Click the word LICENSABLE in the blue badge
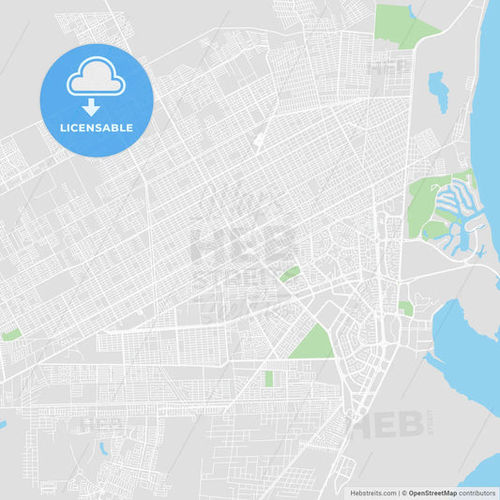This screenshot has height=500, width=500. click(x=96, y=128)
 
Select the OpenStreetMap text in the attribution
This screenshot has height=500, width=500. click(x=432, y=492)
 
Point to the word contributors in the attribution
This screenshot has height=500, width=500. click(x=477, y=492)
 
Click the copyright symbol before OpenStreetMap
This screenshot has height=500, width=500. click(x=402, y=492)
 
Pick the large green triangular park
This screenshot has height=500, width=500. click(x=311, y=343)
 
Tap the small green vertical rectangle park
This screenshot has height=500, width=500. click(x=269, y=378)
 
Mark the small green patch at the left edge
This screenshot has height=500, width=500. click(x=11, y=334)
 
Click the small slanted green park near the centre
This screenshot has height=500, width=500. click(x=290, y=274)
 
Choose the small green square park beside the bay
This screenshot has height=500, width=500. click(x=405, y=308)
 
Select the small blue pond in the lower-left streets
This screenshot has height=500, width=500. click(x=101, y=448)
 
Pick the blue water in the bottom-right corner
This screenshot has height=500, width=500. click(x=484, y=467)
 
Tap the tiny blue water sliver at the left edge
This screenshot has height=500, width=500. click(x=3, y=425)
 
